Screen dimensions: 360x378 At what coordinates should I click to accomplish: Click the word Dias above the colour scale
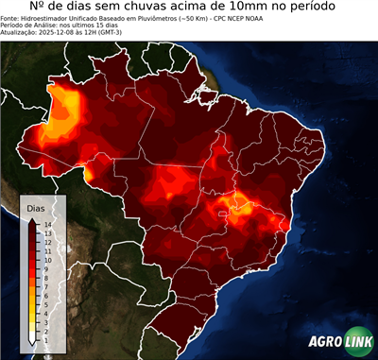click(37, 207)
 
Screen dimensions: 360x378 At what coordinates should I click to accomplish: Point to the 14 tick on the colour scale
click(46, 224)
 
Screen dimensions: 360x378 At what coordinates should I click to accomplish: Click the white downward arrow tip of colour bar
click(32, 341)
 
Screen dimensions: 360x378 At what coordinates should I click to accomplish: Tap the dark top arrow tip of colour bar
click(32, 219)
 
